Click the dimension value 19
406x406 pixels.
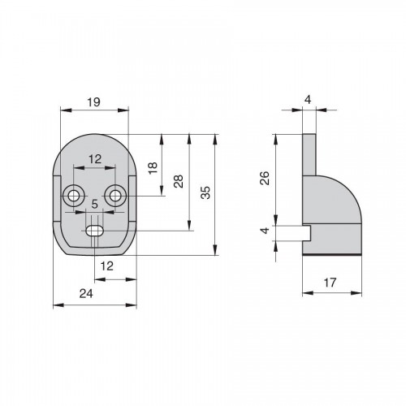[93, 102]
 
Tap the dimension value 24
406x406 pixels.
[86, 293]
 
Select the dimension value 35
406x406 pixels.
[205, 192]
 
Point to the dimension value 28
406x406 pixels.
[179, 181]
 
